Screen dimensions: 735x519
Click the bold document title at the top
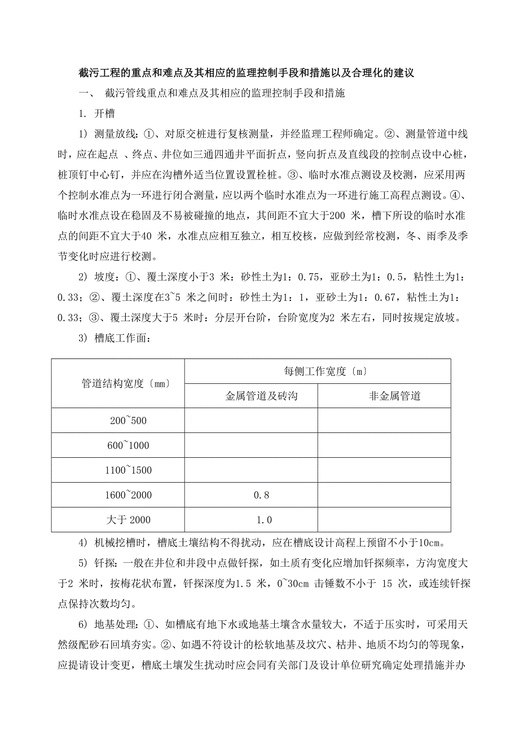coord(247,73)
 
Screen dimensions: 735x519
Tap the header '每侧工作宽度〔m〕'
coord(318,371)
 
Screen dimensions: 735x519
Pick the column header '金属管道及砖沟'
coord(251,396)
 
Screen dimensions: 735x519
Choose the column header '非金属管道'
coord(384,396)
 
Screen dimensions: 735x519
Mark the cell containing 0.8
coord(251,495)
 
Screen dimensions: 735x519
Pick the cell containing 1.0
coord(251,520)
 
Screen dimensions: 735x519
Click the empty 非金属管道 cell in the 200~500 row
coord(384,421)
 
